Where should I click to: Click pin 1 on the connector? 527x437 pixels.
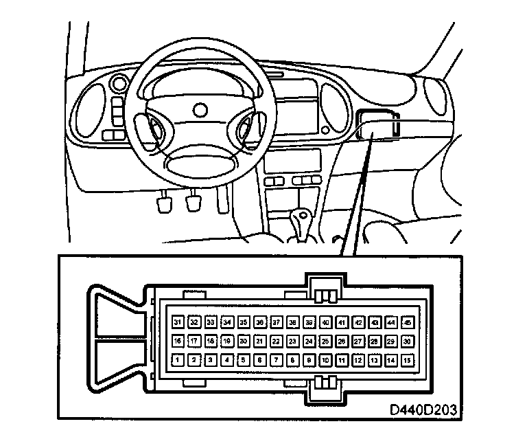178,359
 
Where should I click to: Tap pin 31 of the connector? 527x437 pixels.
178,322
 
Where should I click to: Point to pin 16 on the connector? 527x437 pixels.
178,340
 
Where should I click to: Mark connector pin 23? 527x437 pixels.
292,340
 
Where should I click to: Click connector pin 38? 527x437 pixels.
292,322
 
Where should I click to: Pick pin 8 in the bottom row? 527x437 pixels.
292,359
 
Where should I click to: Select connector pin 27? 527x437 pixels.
358,340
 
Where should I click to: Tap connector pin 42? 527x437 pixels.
358,322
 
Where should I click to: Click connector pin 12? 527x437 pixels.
358,359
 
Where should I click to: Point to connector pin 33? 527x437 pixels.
211,322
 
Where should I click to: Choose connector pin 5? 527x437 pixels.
243,359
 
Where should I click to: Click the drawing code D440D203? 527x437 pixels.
423,410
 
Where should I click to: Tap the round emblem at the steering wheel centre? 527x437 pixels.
200,109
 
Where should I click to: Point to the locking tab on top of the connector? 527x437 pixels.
325,288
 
